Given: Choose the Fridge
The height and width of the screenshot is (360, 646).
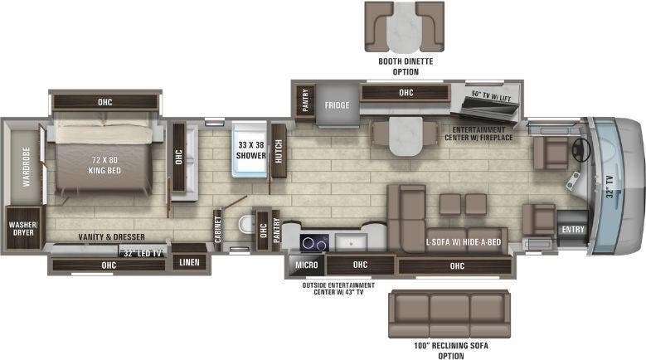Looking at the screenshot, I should pos(336,105).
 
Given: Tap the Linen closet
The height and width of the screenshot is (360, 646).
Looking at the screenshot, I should pos(189,262).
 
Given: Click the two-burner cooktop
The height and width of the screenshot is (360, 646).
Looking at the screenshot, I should pos(313,243).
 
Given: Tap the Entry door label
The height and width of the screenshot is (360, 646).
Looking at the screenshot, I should pos(572,229).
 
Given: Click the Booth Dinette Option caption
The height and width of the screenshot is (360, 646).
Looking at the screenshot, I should pos(406,66).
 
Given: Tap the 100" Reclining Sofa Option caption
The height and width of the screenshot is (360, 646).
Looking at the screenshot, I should pos(450,348).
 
